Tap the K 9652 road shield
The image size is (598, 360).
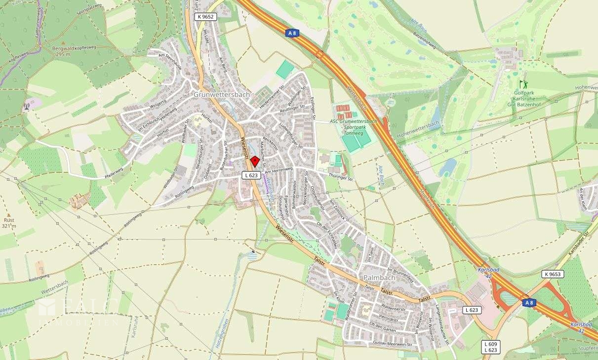(x=205, y=16)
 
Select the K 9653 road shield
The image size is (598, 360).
(x=552, y=274)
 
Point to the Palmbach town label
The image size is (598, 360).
(x=379, y=278)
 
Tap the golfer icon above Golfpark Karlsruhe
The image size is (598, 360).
(x=523, y=84)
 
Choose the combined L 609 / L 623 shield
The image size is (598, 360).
(x=491, y=347)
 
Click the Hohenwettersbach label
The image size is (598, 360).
(x=418, y=130)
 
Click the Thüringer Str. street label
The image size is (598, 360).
(x=341, y=176)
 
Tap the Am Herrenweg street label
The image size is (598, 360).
(x=279, y=170)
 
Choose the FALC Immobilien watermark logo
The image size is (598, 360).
(x=79, y=310)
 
